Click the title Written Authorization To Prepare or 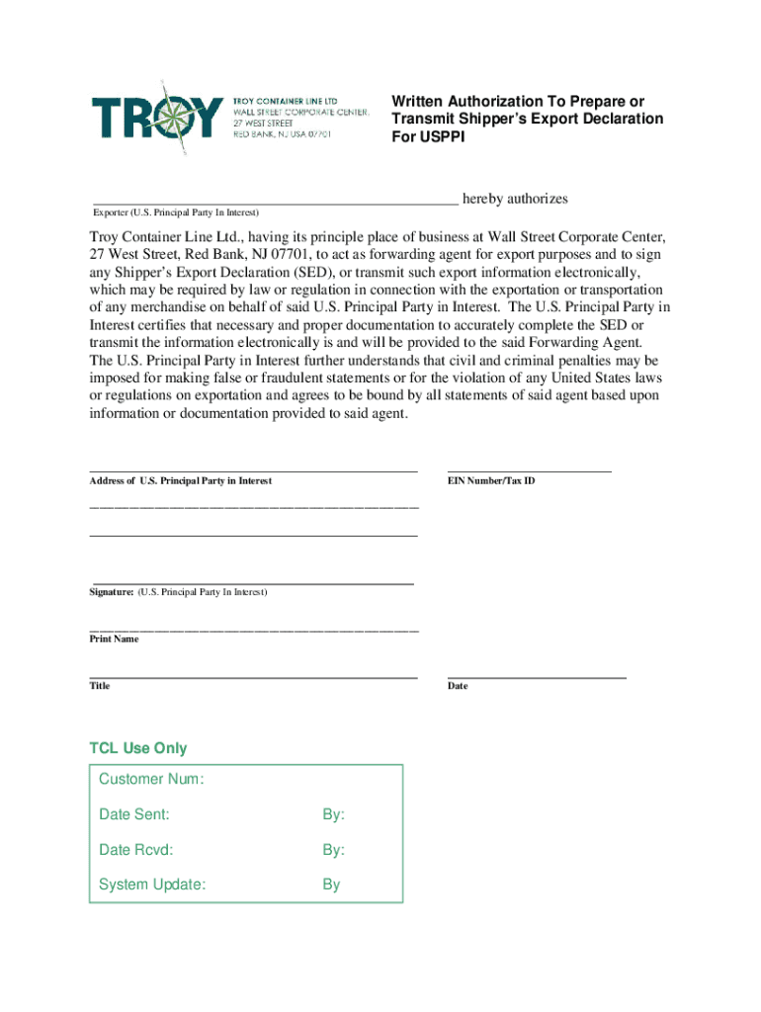518,102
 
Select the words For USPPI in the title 428,136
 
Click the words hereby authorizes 515,199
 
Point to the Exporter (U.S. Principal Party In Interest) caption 175,212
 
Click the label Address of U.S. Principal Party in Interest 181,480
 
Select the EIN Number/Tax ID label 491,480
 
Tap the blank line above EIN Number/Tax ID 529,471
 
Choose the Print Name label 115,639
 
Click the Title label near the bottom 100,686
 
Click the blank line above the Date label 537,677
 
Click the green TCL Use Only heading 138,748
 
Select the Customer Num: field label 151,780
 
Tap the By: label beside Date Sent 333,815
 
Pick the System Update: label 152,885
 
